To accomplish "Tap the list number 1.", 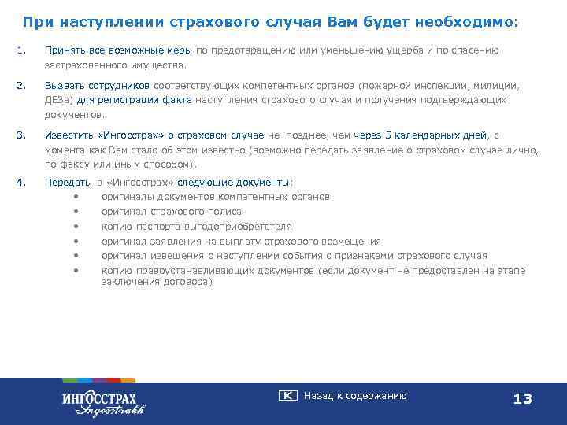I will pos(20,50).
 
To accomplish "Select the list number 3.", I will pos(20,135).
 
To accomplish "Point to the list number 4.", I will pos(20,182).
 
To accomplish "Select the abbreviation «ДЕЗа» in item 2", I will pos(57,100).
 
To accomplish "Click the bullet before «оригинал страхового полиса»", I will pos(76,212).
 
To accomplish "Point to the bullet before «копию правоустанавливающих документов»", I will pos(76,271).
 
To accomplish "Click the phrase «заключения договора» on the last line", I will pos(156,282).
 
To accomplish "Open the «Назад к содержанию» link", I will pos(354,396).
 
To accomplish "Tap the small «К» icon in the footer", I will pos(287,396).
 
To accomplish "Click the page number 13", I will pos(522,399).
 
